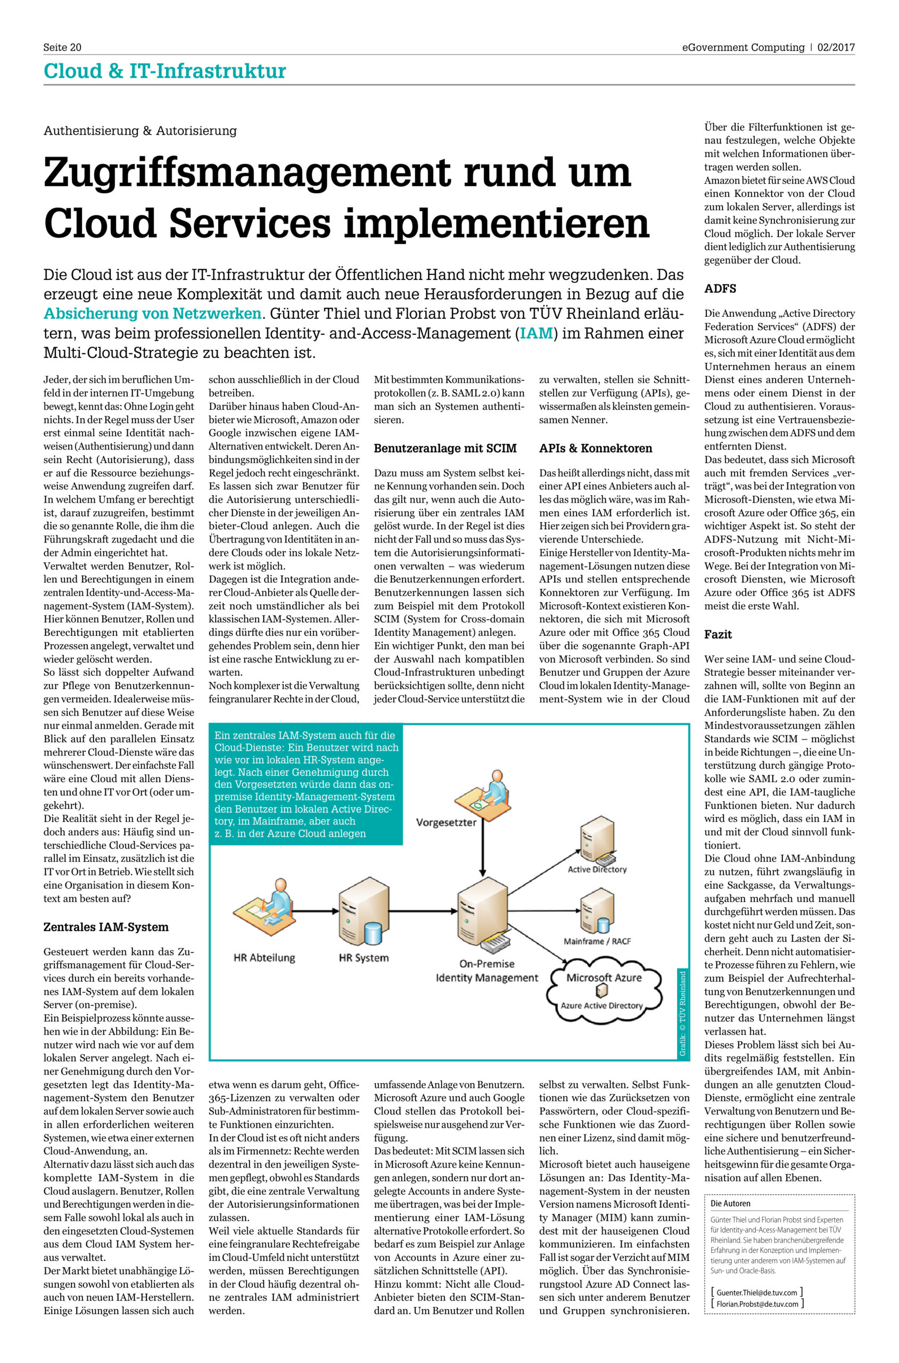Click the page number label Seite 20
[62, 47]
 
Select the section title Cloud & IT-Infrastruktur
[164, 71]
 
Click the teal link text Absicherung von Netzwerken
[153, 314]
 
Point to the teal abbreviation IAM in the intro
[536, 333]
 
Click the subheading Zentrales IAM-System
[106, 926]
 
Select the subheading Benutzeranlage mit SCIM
[445, 448]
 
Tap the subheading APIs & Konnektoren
[596, 448]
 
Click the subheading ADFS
[720, 289]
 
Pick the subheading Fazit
[718, 634]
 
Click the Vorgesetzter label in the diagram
[446, 822]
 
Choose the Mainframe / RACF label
[597, 941]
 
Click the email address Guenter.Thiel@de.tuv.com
[756, 1293]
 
